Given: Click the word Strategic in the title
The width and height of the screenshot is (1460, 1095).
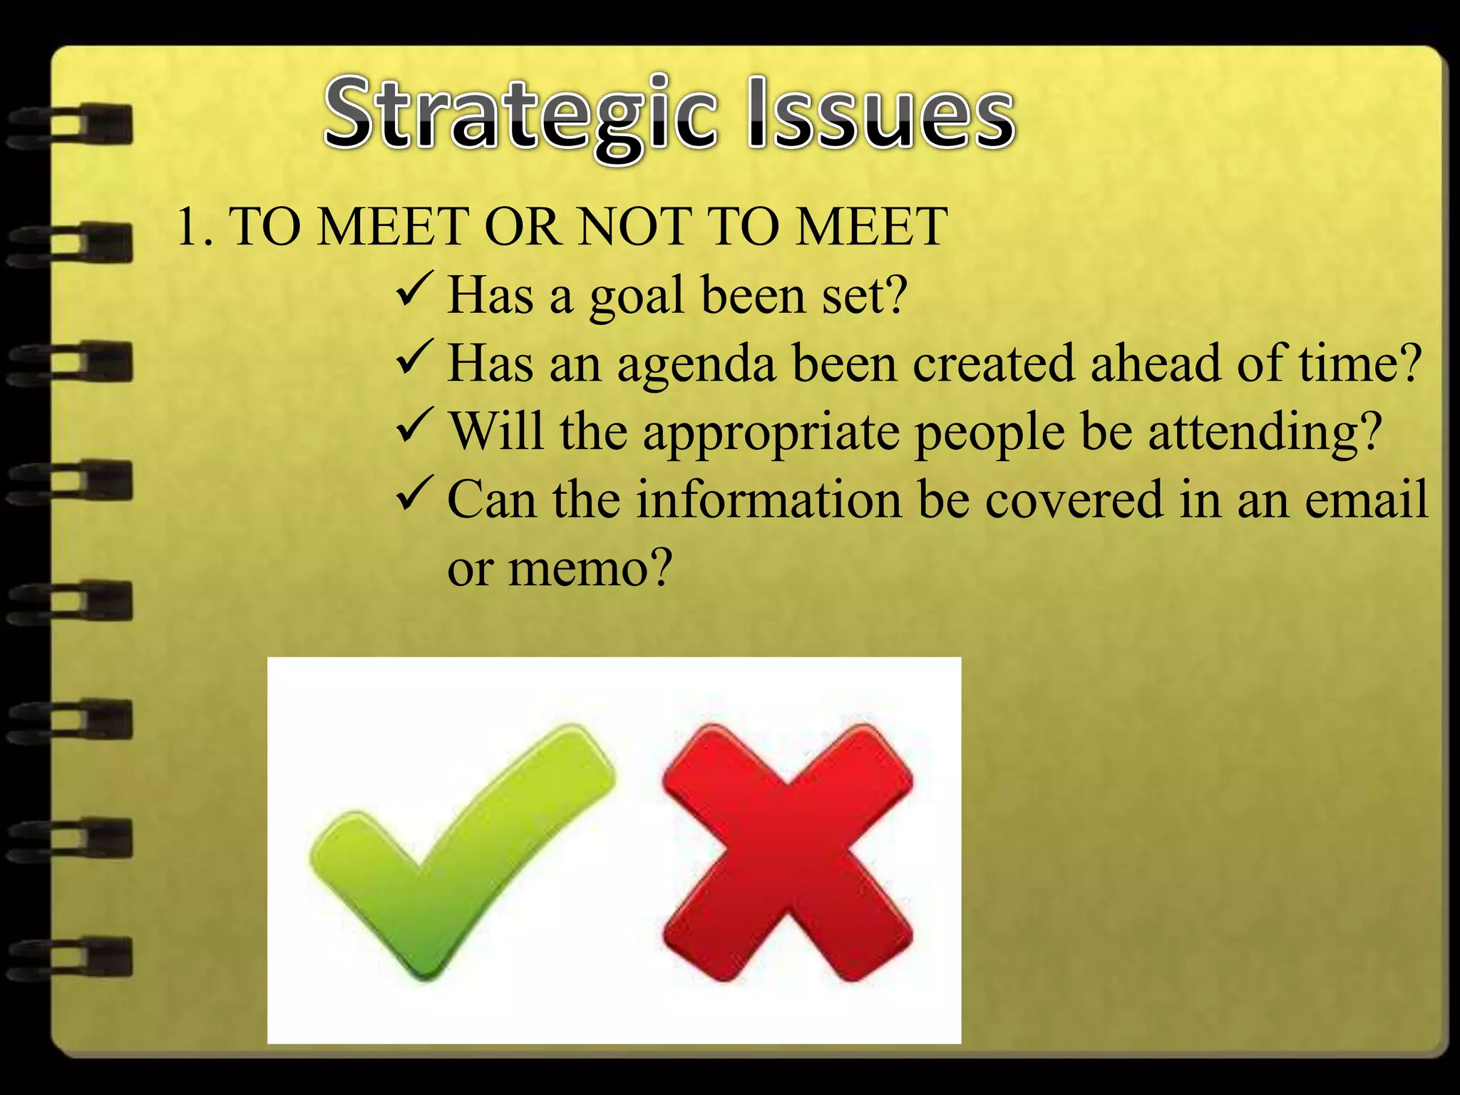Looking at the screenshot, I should pos(520,114).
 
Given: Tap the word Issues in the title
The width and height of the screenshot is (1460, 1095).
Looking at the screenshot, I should pos(881,114).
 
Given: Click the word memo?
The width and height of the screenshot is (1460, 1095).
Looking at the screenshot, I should pos(590,568).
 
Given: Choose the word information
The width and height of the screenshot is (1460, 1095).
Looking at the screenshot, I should pos(769,499).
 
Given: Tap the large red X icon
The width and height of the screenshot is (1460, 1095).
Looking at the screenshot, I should pos(787,852).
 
